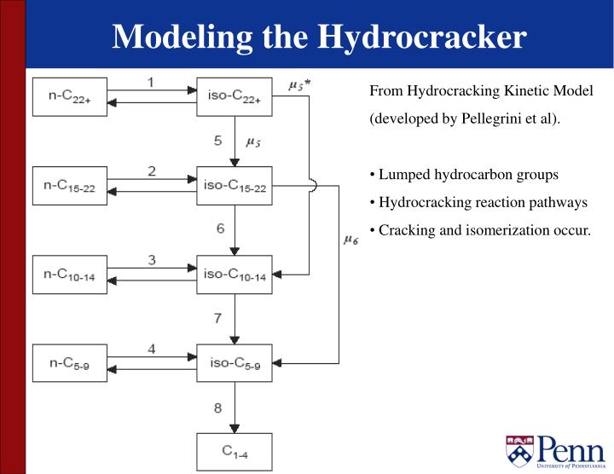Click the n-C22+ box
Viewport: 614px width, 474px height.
pyautogui.click(x=70, y=96)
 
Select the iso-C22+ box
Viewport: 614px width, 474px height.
pyautogui.click(x=235, y=96)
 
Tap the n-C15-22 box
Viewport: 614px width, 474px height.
pyautogui.click(x=70, y=186)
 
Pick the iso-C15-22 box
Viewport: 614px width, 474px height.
pyautogui.click(x=235, y=186)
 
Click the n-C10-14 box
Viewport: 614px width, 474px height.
pyautogui.click(x=70, y=275)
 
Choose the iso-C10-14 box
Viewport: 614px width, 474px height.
pyautogui.click(x=235, y=275)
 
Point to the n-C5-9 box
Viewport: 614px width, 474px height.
pyautogui.click(x=70, y=362)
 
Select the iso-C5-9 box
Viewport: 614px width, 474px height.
pyautogui.click(x=235, y=362)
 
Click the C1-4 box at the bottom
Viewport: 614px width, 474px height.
pyautogui.click(x=235, y=452)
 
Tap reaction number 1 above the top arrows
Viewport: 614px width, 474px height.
pyautogui.click(x=151, y=82)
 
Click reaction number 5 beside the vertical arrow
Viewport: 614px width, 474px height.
pyautogui.click(x=218, y=140)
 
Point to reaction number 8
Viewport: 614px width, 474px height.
pyautogui.click(x=218, y=407)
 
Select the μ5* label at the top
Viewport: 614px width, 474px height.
pyautogui.click(x=298, y=84)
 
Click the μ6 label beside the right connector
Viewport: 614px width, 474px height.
pyautogui.click(x=350, y=240)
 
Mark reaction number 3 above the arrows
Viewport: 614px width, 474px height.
pyautogui.click(x=151, y=260)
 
